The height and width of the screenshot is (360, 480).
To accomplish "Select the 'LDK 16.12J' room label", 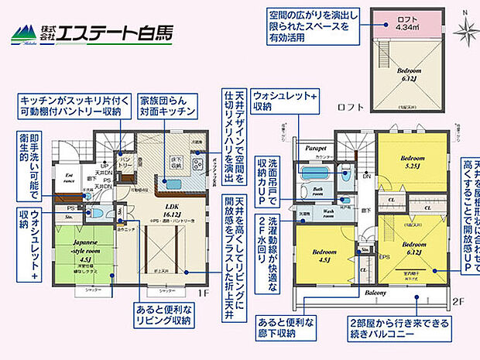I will click(172, 210).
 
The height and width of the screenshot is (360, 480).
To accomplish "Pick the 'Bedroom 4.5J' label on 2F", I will click(325, 255).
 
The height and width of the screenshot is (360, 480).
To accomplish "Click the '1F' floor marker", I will click(203, 294).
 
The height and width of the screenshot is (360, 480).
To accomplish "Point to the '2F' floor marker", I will click(457, 301).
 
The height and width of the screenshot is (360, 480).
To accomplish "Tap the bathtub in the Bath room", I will click(316, 173).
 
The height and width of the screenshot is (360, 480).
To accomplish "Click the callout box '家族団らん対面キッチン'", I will click(168, 108).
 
